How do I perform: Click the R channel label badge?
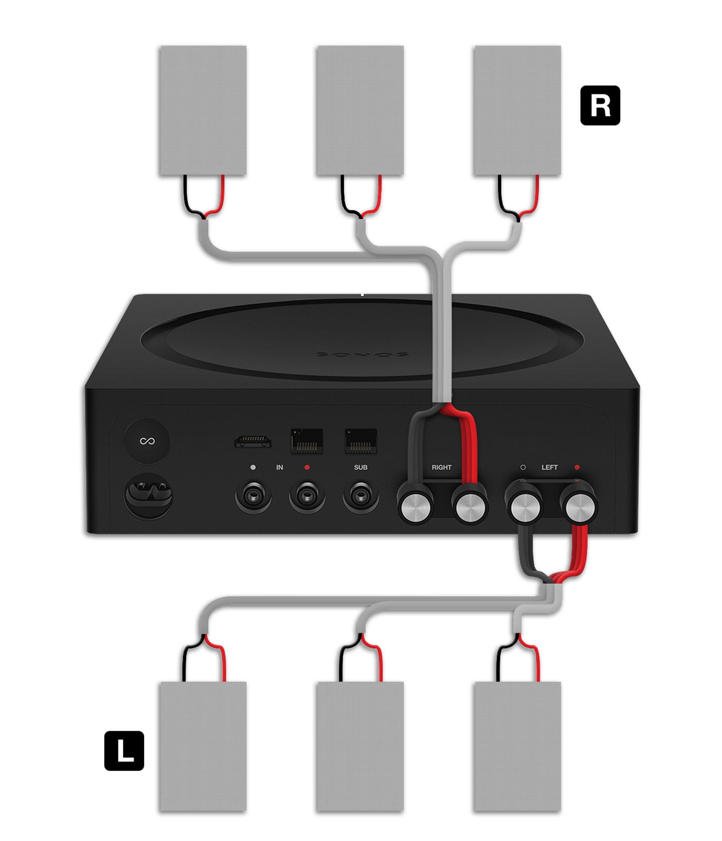[x=600, y=105]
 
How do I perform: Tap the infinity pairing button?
[x=147, y=441]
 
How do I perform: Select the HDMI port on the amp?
[x=253, y=442]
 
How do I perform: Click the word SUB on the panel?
[x=361, y=468]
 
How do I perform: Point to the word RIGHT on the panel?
[x=441, y=468]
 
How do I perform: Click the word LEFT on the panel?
[x=550, y=468]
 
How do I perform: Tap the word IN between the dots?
[x=279, y=468]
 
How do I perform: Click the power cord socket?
[x=149, y=496]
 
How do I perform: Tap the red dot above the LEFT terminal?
[x=577, y=468]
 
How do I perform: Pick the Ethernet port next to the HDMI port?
[x=306, y=441]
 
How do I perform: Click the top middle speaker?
[x=361, y=110]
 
